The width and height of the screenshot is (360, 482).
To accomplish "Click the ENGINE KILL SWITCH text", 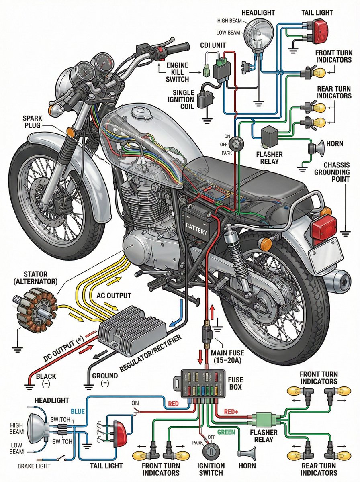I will pyautogui.click(x=177, y=72).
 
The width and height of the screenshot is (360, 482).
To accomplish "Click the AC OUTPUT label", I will pyautogui.click(x=114, y=296).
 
